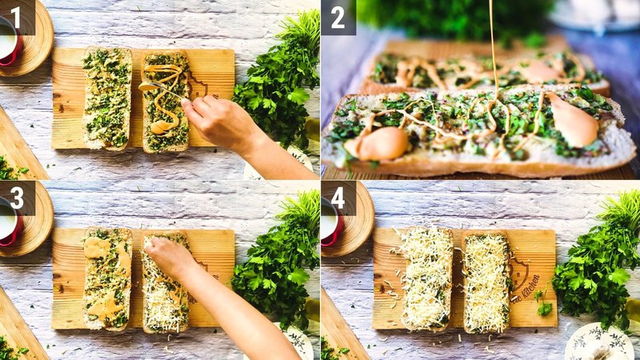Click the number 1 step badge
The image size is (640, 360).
point(16,17)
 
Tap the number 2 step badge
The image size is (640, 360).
point(338,17)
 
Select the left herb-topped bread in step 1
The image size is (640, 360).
point(107,98)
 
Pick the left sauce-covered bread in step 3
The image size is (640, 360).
point(108,278)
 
